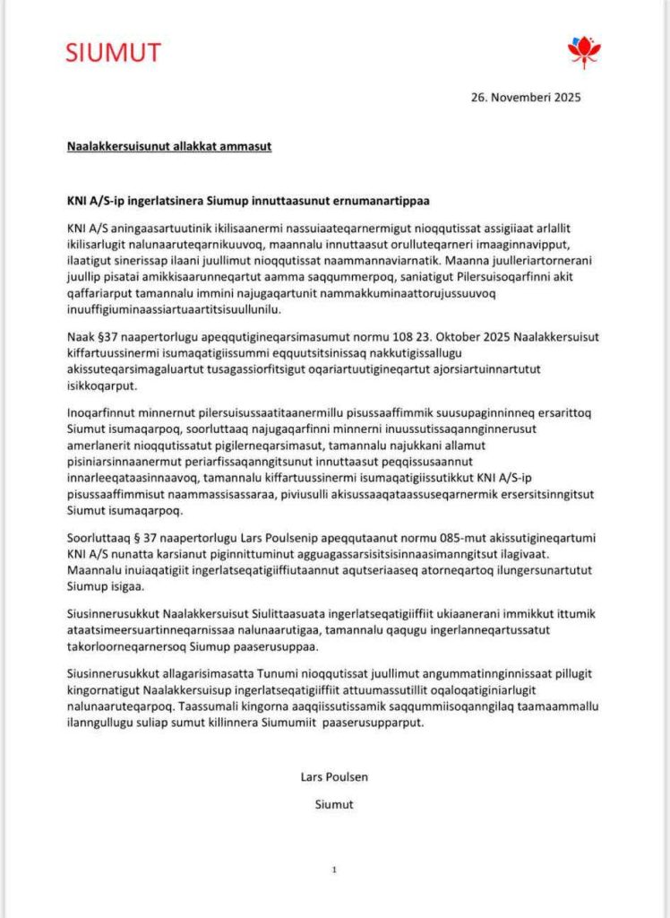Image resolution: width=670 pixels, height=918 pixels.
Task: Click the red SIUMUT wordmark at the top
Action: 113,53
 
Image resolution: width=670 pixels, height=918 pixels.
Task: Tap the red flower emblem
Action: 584,51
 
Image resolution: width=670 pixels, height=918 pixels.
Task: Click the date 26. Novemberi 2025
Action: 526,98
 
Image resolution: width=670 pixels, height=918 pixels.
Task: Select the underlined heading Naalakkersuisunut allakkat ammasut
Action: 169,145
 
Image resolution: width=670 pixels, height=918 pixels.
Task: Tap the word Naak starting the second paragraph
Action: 81,336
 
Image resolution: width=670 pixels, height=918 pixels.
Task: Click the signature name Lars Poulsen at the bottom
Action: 334,776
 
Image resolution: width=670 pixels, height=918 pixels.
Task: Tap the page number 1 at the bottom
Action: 334,870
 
